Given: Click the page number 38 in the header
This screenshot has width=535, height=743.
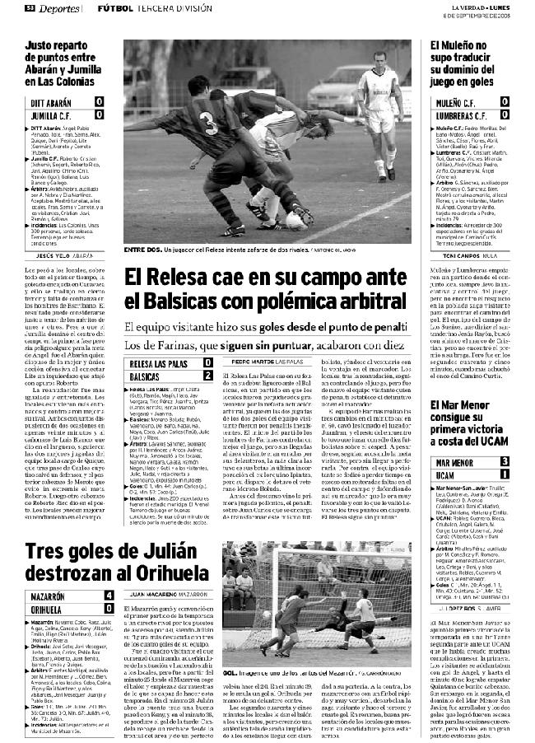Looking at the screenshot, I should (x=28, y=8).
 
